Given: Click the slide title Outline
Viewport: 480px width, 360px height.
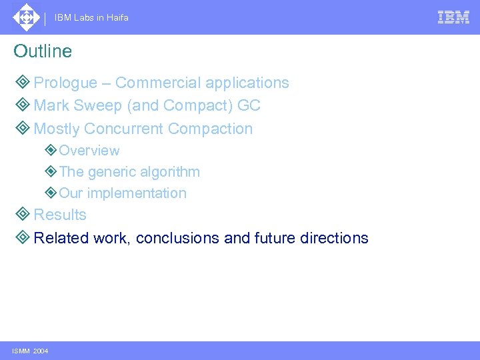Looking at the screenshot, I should pyautogui.click(x=43, y=51).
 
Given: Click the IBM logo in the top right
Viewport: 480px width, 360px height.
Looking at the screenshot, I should pyautogui.click(x=453, y=17).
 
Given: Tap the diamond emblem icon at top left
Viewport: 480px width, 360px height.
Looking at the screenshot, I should pyautogui.click(x=26, y=17).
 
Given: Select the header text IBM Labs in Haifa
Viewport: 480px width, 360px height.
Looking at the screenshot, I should pyautogui.click(x=91, y=18).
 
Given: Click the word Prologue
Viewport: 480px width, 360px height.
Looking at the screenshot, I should pyautogui.click(x=65, y=83).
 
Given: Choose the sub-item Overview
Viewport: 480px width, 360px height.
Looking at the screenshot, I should pyautogui.click(x=89, y=151).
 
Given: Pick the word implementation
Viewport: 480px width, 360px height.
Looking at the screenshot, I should pyautogui.click(x=137, y=193).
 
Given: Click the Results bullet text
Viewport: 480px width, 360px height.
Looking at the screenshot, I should pyautogui.click(x=60, y=215).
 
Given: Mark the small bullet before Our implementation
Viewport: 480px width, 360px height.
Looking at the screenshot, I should pyautogui.click(x=51, y=193).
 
